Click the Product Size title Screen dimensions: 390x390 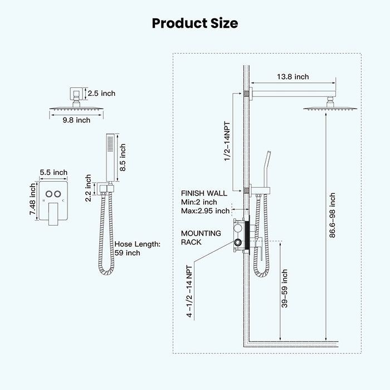pos(194,23)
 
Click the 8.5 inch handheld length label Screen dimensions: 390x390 pos(123,157)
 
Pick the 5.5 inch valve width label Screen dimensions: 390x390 pos(53,173)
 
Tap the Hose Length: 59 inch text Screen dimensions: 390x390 pos(138,248)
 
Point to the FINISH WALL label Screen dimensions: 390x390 pos(204,193)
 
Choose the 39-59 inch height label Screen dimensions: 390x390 pos(285,289)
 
